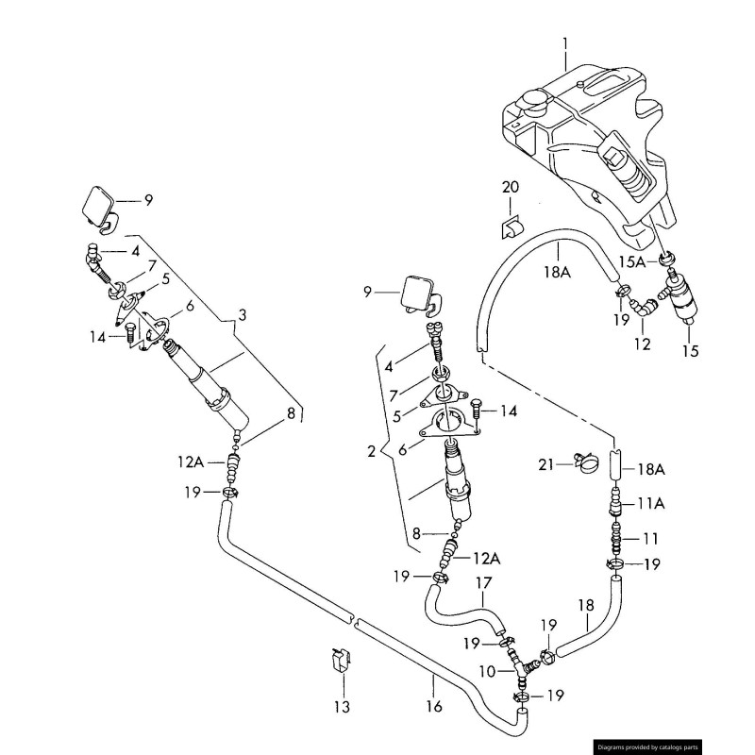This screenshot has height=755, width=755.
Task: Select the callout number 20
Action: [510, 188]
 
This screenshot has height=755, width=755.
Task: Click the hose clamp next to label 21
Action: [585, 463]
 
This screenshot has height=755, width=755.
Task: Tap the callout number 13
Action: [341, 706]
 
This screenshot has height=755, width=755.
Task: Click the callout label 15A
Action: [631, 261]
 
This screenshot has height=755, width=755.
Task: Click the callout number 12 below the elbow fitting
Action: [642, 344]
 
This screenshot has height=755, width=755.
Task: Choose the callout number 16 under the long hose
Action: [433, 706]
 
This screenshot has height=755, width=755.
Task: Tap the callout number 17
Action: [483, 582]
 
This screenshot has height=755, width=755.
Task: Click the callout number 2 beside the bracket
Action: [371, 451]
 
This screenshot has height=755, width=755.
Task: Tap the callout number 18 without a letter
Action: [585, 605]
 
